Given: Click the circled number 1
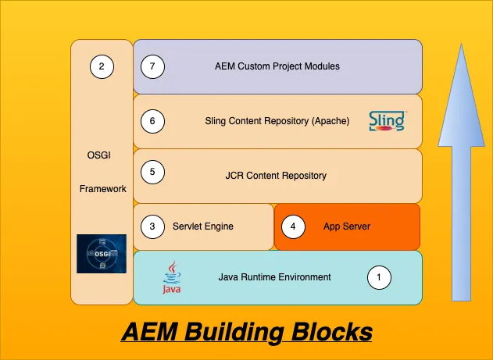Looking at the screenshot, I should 379,277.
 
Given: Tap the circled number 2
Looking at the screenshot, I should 102,66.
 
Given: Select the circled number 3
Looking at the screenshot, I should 152,226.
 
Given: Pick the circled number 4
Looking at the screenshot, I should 293,226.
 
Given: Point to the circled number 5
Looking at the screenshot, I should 152,172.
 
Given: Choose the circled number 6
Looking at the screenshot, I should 152,121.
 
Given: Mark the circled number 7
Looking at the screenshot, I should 152,66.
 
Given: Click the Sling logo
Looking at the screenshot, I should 387,121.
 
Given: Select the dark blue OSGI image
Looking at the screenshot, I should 102,253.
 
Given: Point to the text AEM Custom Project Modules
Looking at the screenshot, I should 277,66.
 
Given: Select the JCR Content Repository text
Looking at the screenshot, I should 270,176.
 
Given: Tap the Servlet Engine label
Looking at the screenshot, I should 203,226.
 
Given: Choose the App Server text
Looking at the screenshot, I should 347,226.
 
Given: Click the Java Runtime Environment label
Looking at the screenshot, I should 274,277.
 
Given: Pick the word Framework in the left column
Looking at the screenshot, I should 103,189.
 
